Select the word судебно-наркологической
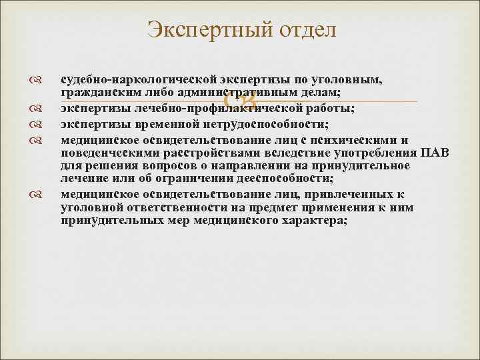point(124,81)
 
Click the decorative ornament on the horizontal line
point(239,101)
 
